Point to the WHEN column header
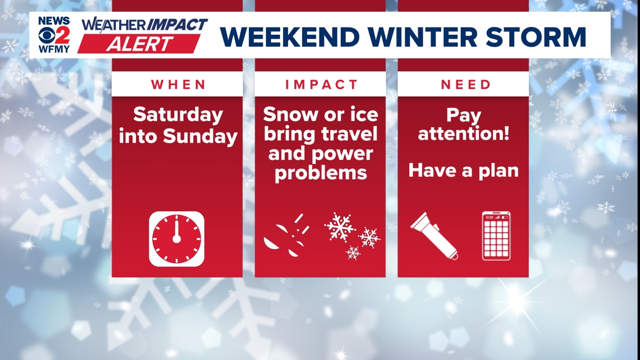click(177, 85)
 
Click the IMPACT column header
click(321, 85)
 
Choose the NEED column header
click(465, 85)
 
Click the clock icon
click(176, 239)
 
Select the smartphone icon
click(496, 236)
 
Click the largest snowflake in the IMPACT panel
click(340, 227)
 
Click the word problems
click(321, 172)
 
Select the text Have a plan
click(463, 170)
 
